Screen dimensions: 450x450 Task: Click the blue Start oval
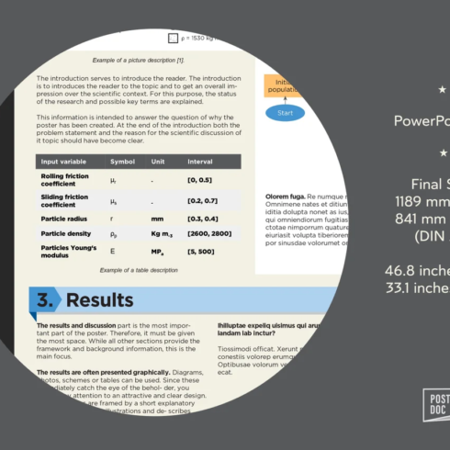pos(285,113)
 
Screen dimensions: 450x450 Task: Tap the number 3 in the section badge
pos(44,300)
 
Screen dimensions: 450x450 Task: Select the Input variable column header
pos(62,162)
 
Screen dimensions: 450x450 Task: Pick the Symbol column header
pos(122,162)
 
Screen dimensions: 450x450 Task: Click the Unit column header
pos(159,162)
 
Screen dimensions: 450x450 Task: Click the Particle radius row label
pos(65,218)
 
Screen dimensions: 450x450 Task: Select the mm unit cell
pos(157,218)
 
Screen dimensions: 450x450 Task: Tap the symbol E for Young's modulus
pos(113,251)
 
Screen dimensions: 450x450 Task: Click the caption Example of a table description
pos(139,270)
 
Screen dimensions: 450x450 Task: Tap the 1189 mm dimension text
pos(420,200)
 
